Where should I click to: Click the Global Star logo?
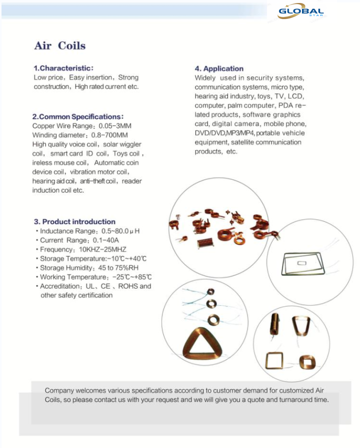(300, 12)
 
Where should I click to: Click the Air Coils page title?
(60, 46)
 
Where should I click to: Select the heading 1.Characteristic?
(63, 68)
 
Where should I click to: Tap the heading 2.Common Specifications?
(77, 116)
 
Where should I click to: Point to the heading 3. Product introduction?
(74, 221)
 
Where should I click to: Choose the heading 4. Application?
(219, 68)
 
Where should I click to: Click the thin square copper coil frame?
(273, 361)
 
